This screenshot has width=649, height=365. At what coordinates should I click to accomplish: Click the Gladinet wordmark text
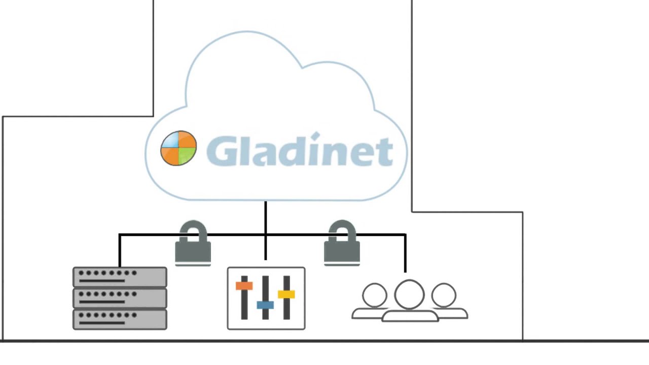point(300,151)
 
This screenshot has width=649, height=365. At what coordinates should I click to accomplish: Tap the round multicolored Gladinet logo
point(178,148)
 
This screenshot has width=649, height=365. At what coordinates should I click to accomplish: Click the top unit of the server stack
point(120,277)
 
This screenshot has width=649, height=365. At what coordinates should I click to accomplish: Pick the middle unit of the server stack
point(120,298)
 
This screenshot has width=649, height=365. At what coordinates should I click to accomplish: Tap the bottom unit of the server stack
point(120,319)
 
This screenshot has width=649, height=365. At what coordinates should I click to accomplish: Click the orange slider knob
point(244,286)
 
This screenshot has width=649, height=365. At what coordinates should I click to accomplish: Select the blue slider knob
point(265,305)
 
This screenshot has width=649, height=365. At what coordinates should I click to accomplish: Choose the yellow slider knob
point(286,294)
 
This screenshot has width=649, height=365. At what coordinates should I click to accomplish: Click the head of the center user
point(409,294)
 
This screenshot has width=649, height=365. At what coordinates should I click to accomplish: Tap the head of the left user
point(375,295)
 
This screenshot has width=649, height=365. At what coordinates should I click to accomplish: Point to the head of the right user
point(444,295)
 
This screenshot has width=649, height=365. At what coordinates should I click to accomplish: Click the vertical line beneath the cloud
point(265,218)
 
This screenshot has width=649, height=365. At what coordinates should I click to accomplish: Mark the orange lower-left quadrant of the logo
point(171,156)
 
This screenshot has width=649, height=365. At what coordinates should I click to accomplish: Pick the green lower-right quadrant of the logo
point(187,156)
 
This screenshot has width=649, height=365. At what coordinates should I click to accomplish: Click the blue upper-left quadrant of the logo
point(171,140)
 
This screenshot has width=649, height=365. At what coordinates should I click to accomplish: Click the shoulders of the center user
point(410,316)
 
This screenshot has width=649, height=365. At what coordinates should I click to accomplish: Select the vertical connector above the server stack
point(120,251)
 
